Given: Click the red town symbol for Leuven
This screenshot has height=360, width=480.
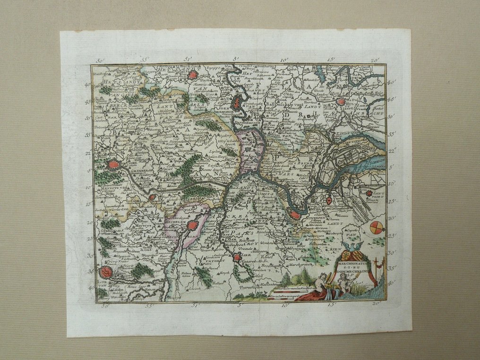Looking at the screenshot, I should [x=106, y=272].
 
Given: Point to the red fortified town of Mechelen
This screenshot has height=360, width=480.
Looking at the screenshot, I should [x=192, y=225].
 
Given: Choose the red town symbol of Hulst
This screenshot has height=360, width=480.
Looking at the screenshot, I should [x=341, y=101].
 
